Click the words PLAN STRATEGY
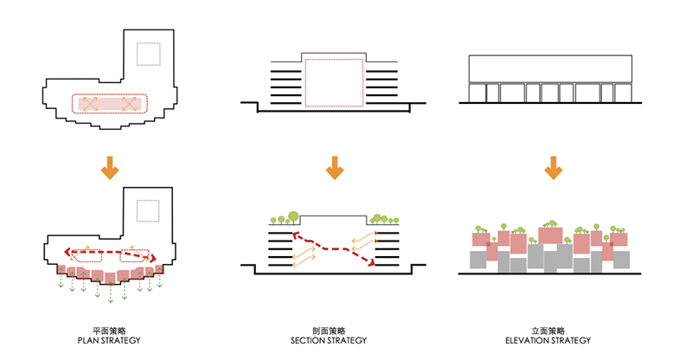109,341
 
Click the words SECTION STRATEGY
329,341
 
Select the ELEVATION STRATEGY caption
548,341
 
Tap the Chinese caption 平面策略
109,331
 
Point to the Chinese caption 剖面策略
329,331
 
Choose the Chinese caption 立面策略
548,331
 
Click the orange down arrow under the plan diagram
110,168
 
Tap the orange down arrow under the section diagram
335,168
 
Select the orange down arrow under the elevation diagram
553,168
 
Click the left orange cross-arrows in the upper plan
90,104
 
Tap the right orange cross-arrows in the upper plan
129,104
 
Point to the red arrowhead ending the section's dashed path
372,263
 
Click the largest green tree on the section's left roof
292,216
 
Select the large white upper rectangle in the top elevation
550,69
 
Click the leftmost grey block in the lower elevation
478,260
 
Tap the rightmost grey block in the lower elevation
621,260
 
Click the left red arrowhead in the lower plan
67,252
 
